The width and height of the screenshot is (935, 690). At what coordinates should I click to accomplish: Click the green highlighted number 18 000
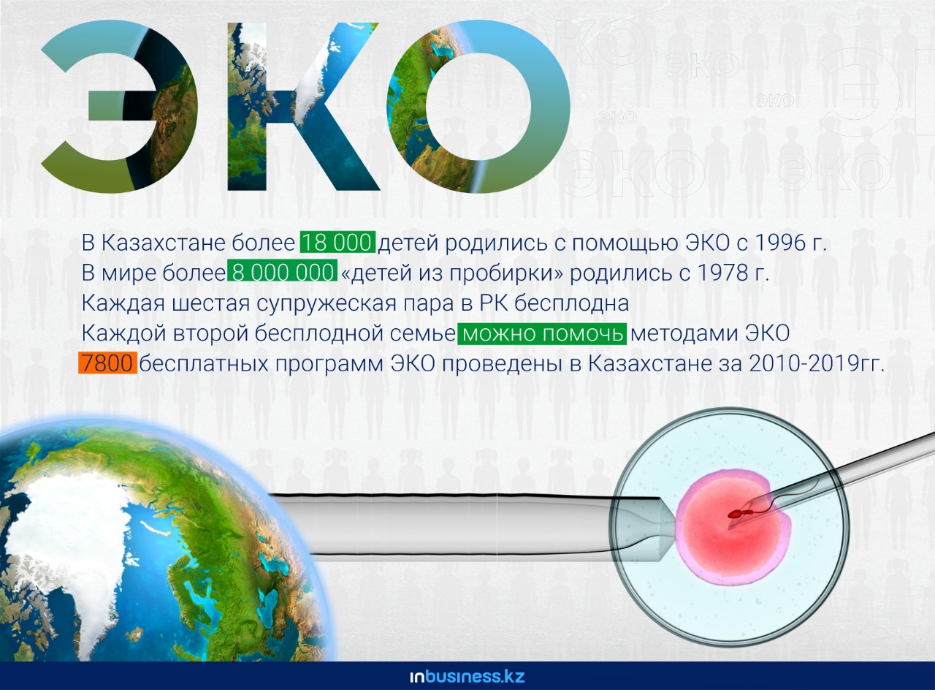click(x=337, y=242)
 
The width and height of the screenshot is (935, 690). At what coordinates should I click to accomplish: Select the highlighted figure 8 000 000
click(x=282, y=272)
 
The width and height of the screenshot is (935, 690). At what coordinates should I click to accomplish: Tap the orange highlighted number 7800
click(x=107, y=363)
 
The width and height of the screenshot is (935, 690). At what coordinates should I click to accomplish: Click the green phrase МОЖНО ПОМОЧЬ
click(x=542, y=333)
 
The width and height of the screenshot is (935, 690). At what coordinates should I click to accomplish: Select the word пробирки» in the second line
click(x=507, y=273)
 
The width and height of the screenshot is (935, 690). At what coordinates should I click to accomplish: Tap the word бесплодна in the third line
click(x=572, y=303)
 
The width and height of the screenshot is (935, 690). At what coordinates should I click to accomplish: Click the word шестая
click(x=211, y=303)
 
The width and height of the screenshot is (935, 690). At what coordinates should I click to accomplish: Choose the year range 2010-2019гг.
click(x=817, y=363)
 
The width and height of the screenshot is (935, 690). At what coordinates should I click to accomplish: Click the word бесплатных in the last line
click(x=203, y=363)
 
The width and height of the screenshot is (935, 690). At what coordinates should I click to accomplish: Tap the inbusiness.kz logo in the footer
click(x=467, y=676)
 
